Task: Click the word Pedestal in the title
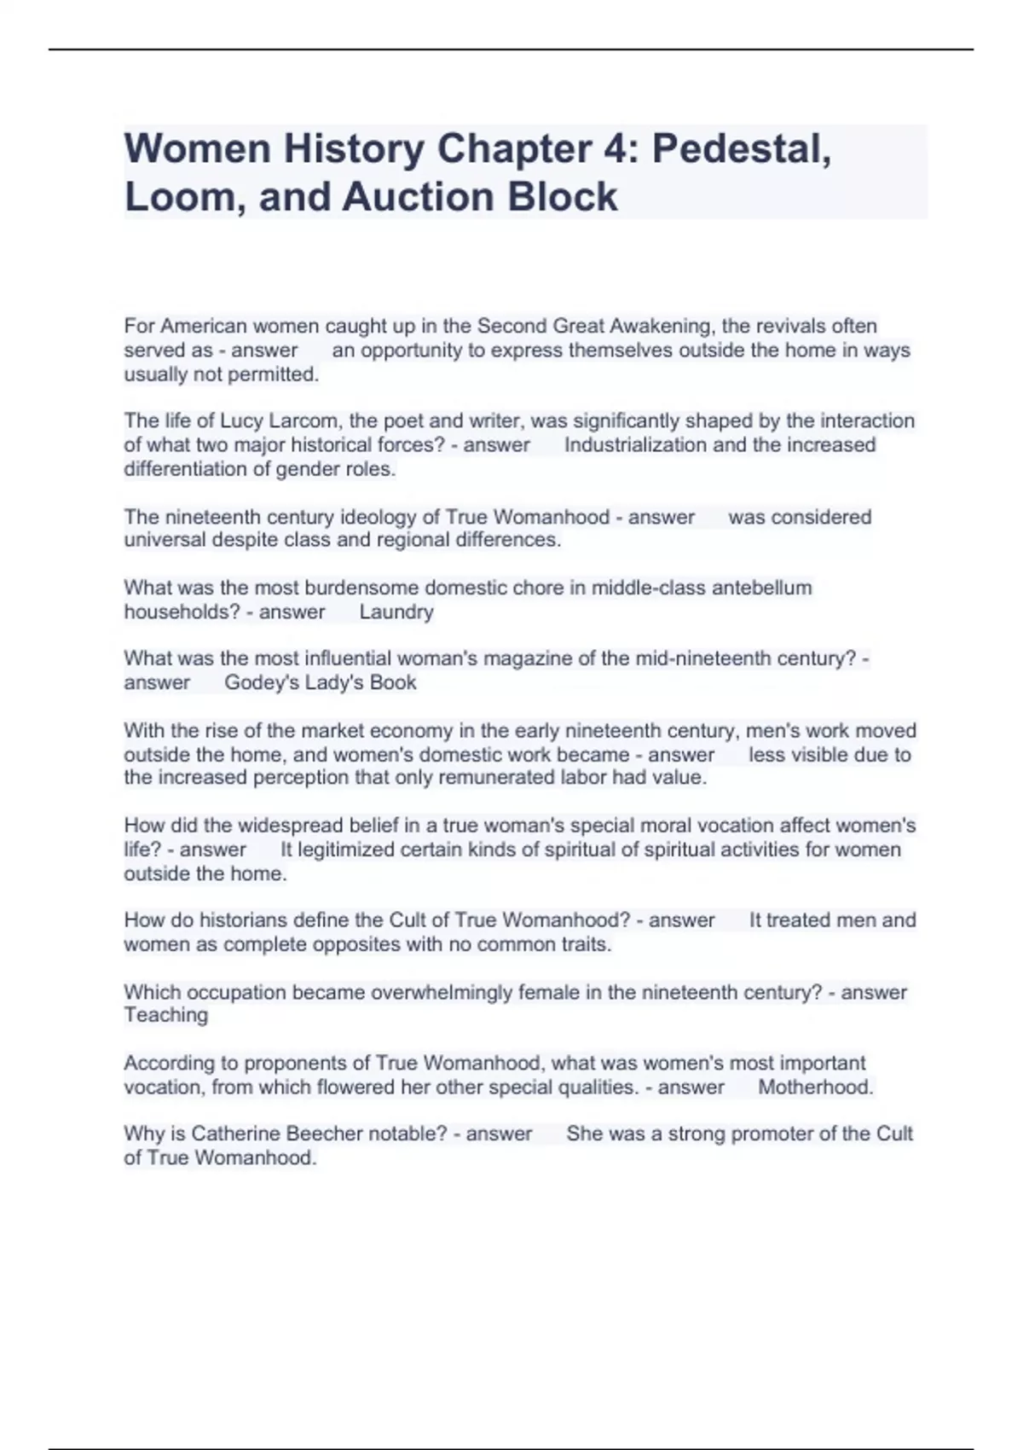[x=740, y=148]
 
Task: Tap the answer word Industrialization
[x=635, y=444]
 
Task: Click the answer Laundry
[x=396, y=612]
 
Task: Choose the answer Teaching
[x=165, y=1015]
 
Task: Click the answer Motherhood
[x=815, y=1087]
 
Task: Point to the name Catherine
[x=235, y=1134]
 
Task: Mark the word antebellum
[x=761, y=588]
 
